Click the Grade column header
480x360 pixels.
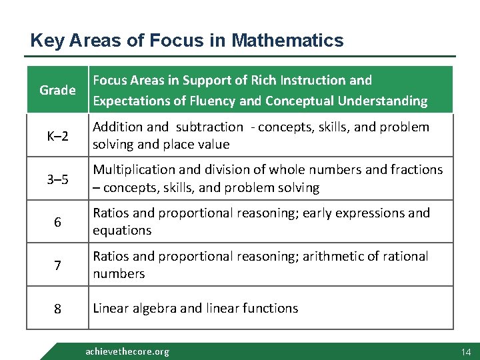[57, 90]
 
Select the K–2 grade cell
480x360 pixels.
[57, 136]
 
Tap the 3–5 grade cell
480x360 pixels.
[57, 179]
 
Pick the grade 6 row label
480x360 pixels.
[57, 222]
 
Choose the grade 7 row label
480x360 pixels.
[57, 265]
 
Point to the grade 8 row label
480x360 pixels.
[57, 309]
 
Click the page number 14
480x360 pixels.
[465, 351]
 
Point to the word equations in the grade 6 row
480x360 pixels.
[122, 231]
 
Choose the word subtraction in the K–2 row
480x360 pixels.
[209, 127]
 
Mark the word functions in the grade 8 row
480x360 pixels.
[269, 308]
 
